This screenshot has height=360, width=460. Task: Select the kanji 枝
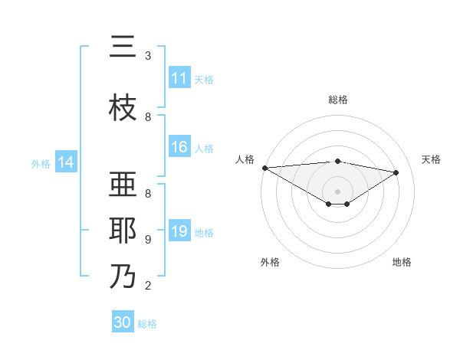pyautogui.click(x=123, y=108)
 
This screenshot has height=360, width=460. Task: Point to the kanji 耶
pyautogui.click(x=123, y=231)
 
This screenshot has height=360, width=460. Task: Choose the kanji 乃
pyautogui.click(x=123, y=277)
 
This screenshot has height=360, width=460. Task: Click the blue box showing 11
pyautogui.click(x=179, y=78)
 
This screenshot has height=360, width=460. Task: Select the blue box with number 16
pyautogui.click(x=179, y=148)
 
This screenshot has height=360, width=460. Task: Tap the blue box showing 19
pyautogui.click(x=179, y=232)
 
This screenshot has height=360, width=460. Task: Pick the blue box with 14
pyautogui.click(x=66, y=162)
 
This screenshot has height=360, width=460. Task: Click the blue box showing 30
pyautogui.click(x=123, y=322)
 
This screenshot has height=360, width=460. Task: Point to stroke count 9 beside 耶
pyautogui.click(x=147, y=240)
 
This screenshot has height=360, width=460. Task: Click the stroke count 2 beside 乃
pyautogui.click(x=147, y=286)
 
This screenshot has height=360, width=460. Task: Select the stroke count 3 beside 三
pyautogui.click(x=147, y=56)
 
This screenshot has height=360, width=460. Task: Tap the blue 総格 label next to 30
pyautogui.click(x=147, y=324)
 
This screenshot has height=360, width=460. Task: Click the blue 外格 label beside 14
pyautogui.click(x=41, y=163)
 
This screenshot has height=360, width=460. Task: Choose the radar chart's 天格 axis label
pyautogui.click(x=432, y=159)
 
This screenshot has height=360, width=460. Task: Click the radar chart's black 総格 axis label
pyautogui.click(x=337, y=100)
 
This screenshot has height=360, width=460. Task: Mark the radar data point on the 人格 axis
pyautogui.click(x=264, y=168)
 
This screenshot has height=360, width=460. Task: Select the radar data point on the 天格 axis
pyautogui.click(x=396, y=172)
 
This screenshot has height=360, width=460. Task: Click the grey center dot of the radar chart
pyautogui.click(x=337, y=191)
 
